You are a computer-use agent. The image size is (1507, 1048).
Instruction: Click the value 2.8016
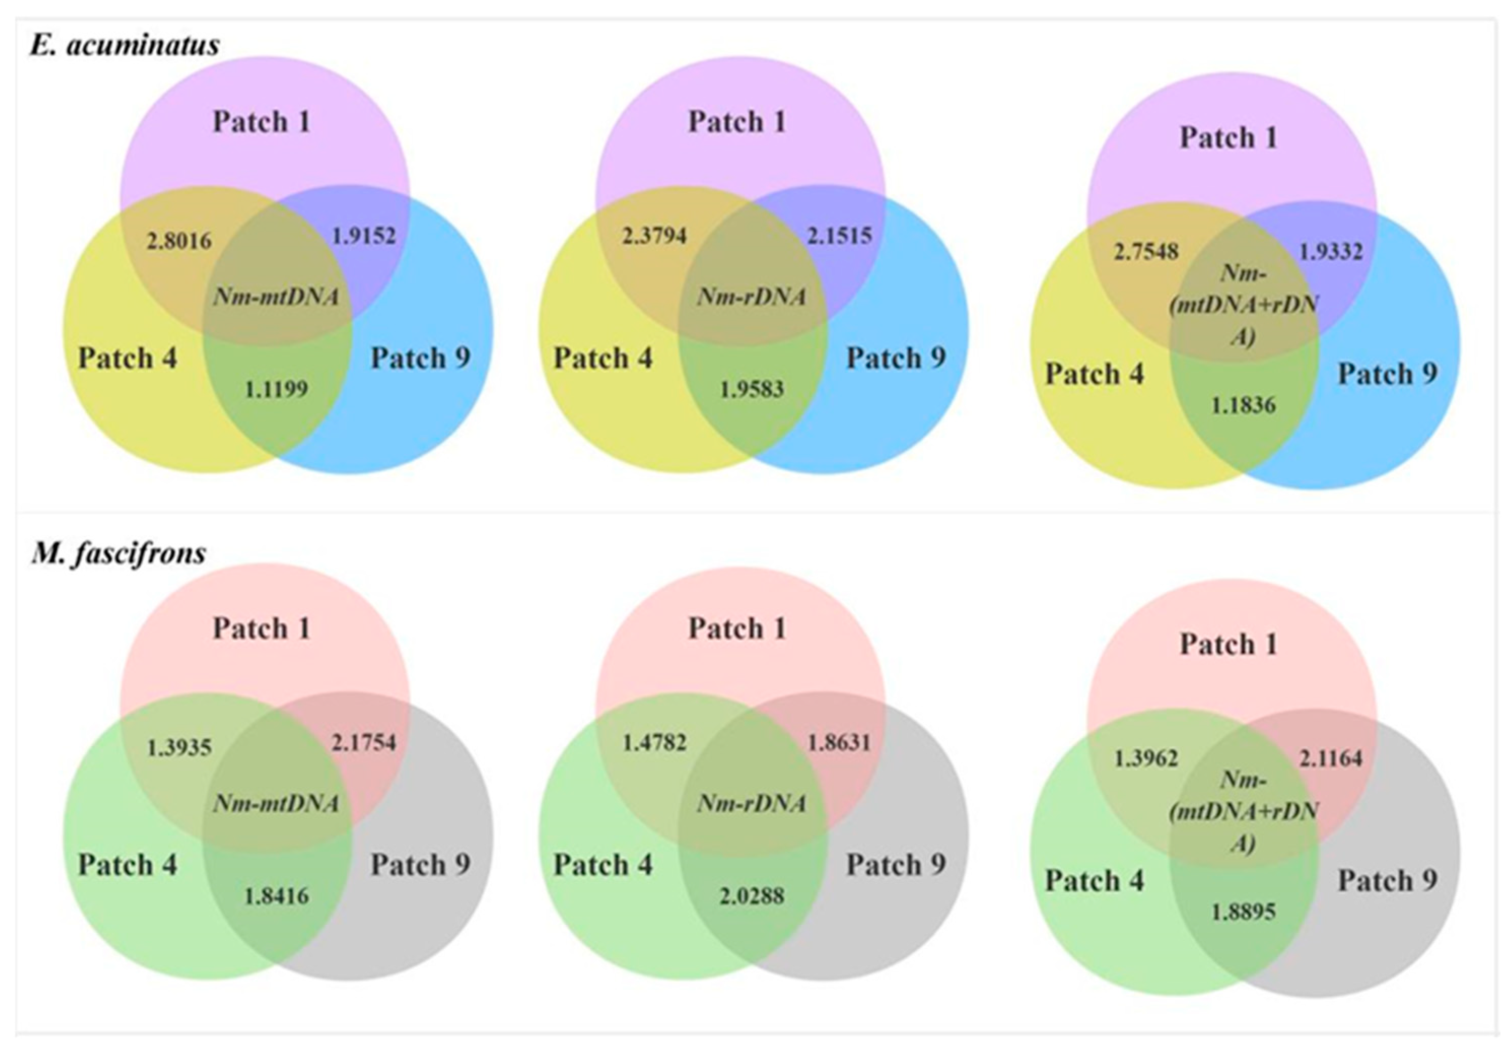(x=179, y=241)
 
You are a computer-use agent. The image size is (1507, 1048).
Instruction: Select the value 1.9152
(x=364, y=235)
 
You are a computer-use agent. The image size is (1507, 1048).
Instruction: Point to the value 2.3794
(x=654, y=235)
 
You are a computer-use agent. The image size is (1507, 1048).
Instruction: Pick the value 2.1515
(x=839, y=235)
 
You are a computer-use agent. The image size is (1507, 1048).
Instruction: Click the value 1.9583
(x=752, y=389)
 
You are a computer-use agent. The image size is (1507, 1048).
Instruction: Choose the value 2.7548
(x=1146, y=251)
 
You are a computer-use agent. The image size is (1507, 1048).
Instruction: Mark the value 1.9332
(x=1331, y=251)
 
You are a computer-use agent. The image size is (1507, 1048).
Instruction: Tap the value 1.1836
(x=1243, y=405)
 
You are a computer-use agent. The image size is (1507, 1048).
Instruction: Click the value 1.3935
(x=179, y=747)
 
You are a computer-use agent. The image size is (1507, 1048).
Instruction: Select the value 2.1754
(x=364, y=742)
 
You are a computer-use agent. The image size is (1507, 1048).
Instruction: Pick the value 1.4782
(x=654, y=742)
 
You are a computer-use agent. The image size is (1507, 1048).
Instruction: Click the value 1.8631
(x=839, y=742)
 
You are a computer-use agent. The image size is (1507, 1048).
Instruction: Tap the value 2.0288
(x=752, y=896)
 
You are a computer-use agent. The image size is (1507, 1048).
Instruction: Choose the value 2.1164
(x=1331, y=758)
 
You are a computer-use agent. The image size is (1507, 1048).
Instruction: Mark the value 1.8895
(x=1243, y=912)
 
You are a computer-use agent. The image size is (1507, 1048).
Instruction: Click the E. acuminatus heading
(x=125, y=45)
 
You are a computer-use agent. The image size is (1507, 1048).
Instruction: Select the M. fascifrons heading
(x=119, y=553)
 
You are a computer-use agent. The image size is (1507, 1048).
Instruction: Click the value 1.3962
(x=1146, y=758)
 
